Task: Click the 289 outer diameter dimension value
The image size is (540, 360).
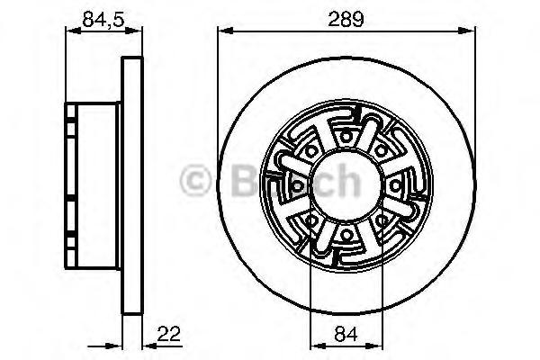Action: (x=346, y=19)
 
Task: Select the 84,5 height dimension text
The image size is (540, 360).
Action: (x=103, y=19)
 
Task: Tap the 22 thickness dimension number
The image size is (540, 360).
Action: (x=169, y=333)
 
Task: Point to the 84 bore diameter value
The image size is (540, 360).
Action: (x=346, y=333)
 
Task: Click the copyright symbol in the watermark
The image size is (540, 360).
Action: (x=195, y=181)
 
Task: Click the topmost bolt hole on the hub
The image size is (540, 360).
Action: (x=346, y=137)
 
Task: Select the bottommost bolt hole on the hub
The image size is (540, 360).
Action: (x=346, y=235)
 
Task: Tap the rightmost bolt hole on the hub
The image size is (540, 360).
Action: (x=395, y=186)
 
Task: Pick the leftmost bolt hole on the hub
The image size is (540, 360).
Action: (x=297, y=186)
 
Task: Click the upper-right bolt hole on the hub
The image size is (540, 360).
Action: (x=381, y=151)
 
